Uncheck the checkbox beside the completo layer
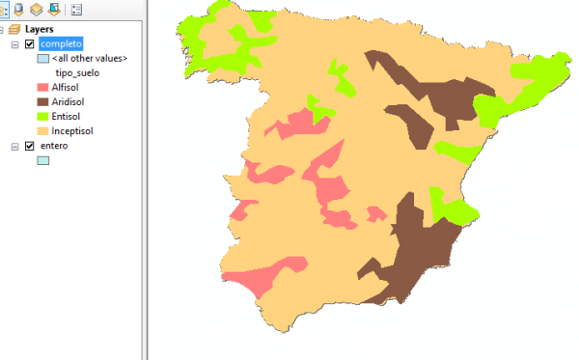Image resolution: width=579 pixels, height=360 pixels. (x=29, y=44)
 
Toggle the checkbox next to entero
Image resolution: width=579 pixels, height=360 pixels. (x=29, y=146)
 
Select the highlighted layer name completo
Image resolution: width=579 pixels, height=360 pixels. (x=62, y=44)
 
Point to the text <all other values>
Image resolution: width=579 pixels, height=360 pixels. (x=90, y=59)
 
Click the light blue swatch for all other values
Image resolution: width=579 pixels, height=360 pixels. (x=42, y=59)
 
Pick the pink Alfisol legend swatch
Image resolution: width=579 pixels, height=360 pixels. (x=42, y=87)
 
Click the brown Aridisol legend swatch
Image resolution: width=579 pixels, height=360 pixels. (x=42, y=101)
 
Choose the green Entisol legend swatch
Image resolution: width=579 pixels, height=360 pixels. (x=42, y=116)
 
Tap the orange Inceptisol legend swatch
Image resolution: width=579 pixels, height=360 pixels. (x=42, y=130)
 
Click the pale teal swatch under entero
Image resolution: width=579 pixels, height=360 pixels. (x=42, y=160)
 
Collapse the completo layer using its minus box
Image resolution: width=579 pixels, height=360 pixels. (x=15, y=44)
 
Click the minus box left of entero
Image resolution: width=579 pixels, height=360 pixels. (x=15, y=146)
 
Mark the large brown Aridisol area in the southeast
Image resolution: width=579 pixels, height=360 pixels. (x=415, y=251)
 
